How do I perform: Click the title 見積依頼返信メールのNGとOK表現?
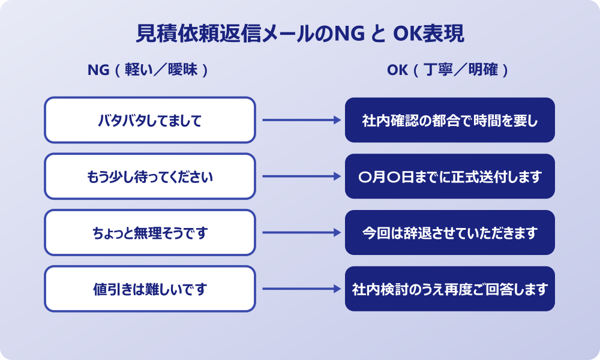300,34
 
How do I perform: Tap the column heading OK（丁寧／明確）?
449,70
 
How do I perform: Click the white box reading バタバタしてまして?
150,121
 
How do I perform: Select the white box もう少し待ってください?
150,176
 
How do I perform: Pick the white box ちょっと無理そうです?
150,233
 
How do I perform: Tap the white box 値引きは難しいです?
150,289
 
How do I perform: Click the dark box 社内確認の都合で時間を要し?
449,121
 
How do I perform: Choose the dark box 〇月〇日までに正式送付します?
449,176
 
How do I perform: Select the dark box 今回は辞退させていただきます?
449,233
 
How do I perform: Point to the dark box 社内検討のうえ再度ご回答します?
449,289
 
